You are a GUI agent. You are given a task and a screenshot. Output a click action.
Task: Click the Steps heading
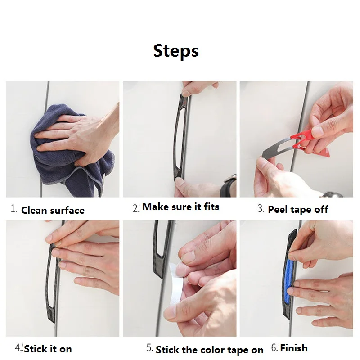pos(176,51)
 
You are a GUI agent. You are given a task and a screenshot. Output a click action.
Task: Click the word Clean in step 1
pos(34,210)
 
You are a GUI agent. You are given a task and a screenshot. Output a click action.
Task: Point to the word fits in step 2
pos(211,207)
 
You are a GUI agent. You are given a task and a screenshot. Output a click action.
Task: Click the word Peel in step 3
pos(278,210)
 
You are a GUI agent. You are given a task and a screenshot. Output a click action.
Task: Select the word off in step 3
pos(321,209)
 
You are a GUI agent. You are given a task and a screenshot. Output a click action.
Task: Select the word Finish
pos(294,348)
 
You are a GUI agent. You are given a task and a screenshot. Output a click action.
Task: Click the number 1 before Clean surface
pos(13,209)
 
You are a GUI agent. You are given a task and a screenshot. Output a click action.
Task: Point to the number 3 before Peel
pos(261,208)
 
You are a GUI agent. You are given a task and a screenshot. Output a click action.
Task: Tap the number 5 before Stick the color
pos(149,347)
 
